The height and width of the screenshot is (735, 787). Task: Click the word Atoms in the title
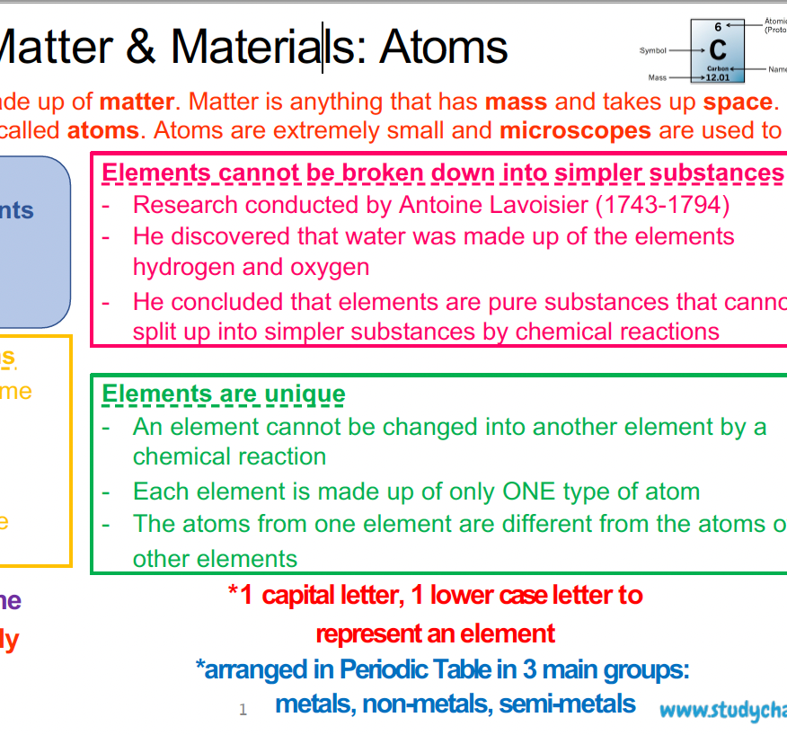click(444, 47)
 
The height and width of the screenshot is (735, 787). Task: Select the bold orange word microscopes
click(575, 131)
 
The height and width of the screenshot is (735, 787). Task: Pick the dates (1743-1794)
click(663, 205)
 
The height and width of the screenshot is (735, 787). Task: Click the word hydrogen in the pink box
click(183, 268)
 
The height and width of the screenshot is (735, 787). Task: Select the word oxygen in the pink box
click(327, 268)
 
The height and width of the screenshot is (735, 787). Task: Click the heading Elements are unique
click(223, 394)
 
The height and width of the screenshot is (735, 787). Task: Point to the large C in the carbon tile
click(717, 49)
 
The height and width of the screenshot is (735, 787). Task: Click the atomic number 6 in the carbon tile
click(718, 28)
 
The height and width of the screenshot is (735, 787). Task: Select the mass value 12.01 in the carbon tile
click(718, 78)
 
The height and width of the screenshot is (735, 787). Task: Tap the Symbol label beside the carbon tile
click(653, 50)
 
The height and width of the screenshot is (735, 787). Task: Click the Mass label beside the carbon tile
click(658, 78)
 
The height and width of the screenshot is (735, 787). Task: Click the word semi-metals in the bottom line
click(567, 704)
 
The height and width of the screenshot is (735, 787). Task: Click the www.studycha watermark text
click(722, 711)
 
